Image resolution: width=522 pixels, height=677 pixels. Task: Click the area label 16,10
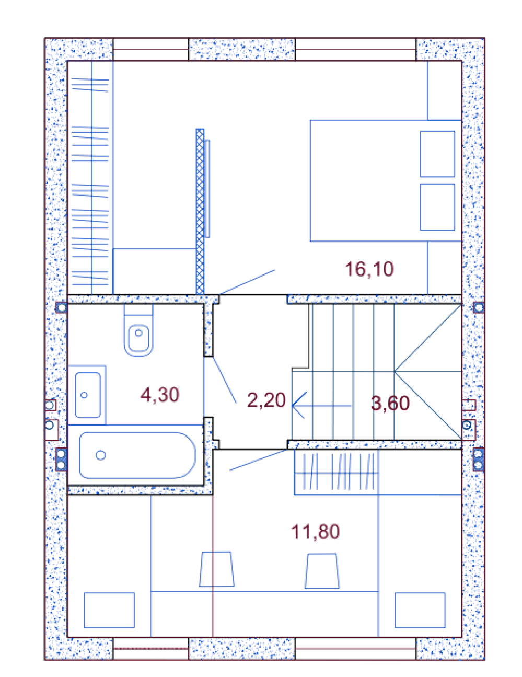click(x=369, y=269)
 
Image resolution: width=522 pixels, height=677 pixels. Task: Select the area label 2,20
click(x=266, y=400)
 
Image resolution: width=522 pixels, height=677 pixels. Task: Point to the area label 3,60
click(x=390, y=403)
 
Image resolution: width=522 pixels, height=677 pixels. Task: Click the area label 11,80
click(x=315, y=532)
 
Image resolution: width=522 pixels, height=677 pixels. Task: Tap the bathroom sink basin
click(x=88, y=395)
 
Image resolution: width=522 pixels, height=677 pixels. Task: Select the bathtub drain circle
click(x=100, y=455)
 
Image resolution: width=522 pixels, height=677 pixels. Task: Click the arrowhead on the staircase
click(x=299, y=405)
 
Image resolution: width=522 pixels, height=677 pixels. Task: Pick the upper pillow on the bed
click(x=437, y=154)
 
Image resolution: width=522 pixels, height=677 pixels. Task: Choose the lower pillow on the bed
click(x=437, y=207)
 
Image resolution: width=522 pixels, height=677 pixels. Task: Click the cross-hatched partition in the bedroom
click(x=200, y=211)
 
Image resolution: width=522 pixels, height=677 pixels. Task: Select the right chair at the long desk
click(x=322, y=571)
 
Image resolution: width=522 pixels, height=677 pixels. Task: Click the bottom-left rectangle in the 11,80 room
click(x=109, y=610)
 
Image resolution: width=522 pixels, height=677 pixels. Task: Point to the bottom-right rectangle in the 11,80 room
click(x=420, y=610)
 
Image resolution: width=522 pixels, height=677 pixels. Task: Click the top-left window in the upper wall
click(x=150, y=49)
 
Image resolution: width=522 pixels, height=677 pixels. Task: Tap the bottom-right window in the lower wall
click(x=355, y=649)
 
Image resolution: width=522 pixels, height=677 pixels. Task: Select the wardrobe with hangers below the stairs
click(x=336, y=472)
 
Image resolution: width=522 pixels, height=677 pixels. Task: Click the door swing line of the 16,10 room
click(x=247, y=282)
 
